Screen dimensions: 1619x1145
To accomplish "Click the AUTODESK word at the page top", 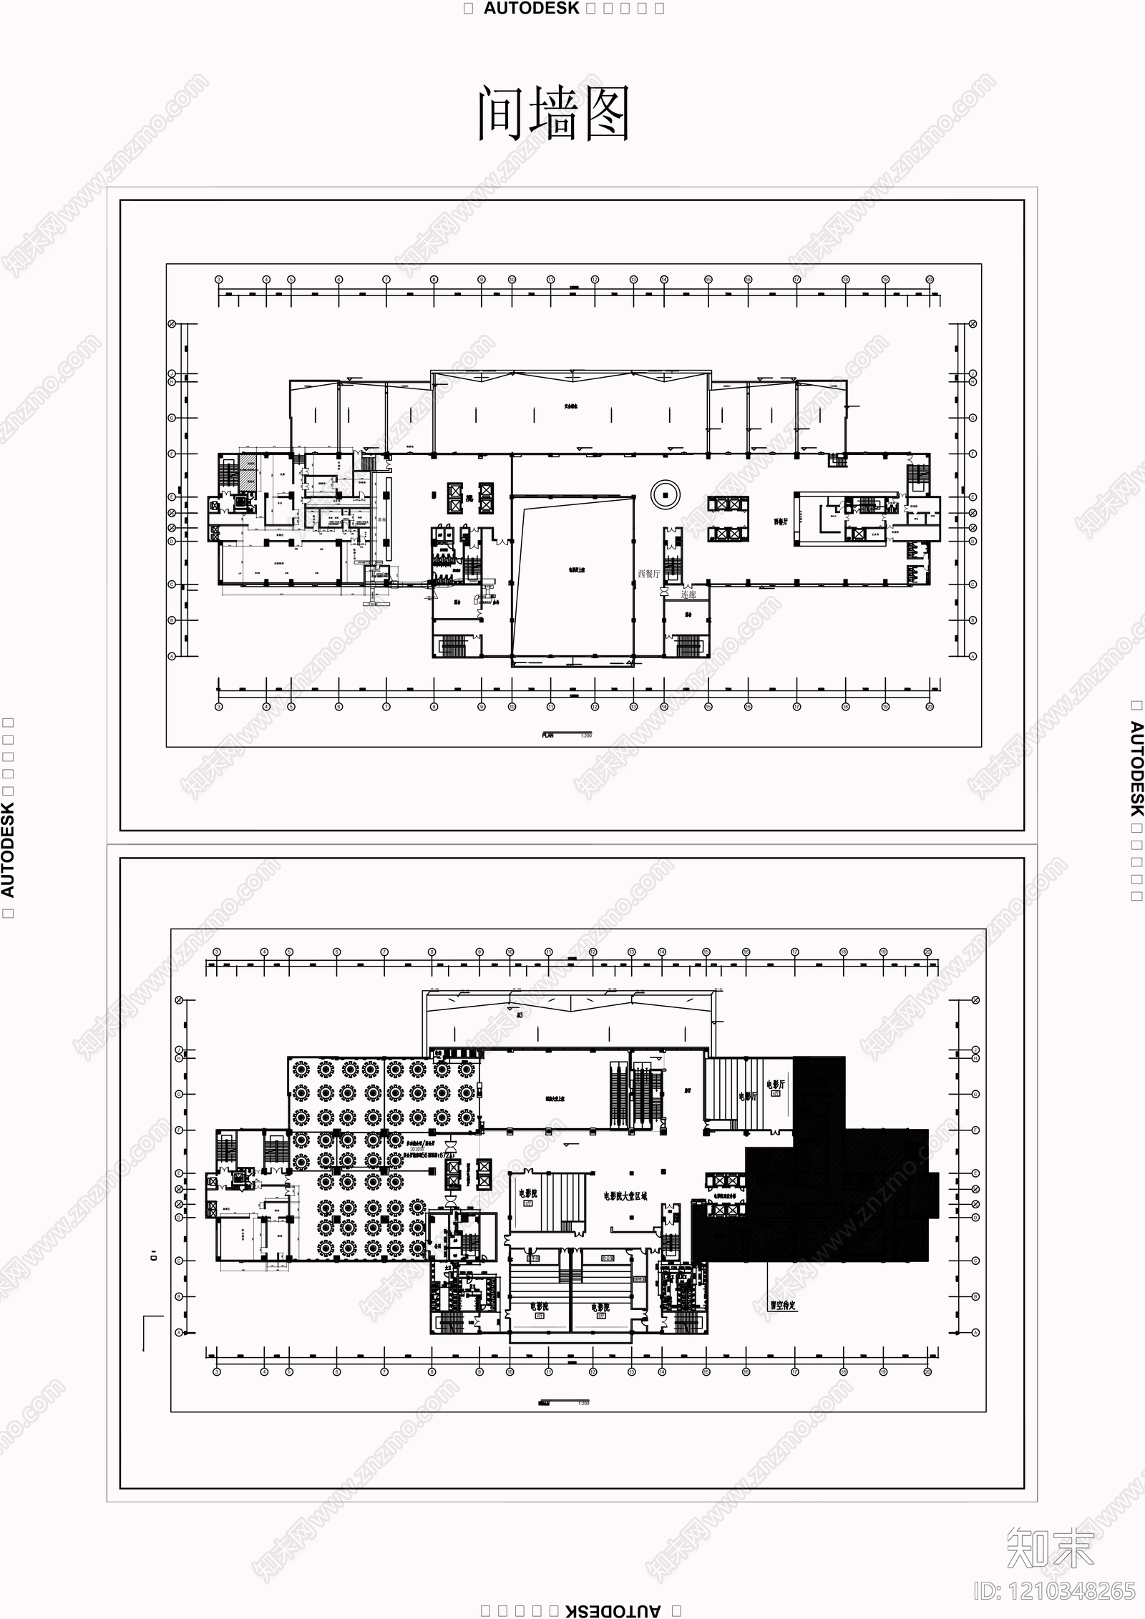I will click(x=531, y=9).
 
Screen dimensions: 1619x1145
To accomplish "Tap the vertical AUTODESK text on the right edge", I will click(x=1136, y=769).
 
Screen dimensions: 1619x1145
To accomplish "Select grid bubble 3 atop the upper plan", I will click(x=219, y=279).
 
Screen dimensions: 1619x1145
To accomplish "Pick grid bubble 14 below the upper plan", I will click(x=664, y=706).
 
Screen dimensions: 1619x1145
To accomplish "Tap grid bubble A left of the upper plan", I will click(x=172, y=655).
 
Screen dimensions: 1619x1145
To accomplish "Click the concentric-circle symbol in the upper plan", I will click(x=666, y=494).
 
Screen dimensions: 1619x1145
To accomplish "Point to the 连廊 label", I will click(x=688, y=594).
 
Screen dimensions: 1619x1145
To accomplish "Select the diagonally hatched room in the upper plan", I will click(x=247, y=472).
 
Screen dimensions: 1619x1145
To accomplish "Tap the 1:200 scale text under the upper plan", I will click(x=586, y=735).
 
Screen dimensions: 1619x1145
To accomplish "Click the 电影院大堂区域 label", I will click(x=625, y=1195).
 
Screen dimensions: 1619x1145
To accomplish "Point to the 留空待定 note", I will click(x=782, y=1305).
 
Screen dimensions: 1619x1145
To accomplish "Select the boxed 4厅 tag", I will click(x=777, y=1095).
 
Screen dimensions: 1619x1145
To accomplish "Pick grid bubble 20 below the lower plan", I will click(x=927, y=1371).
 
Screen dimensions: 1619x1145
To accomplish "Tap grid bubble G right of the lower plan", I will click(x=975, y=1094).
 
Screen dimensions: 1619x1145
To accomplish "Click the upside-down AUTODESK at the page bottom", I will click(x=613, y=1610).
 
